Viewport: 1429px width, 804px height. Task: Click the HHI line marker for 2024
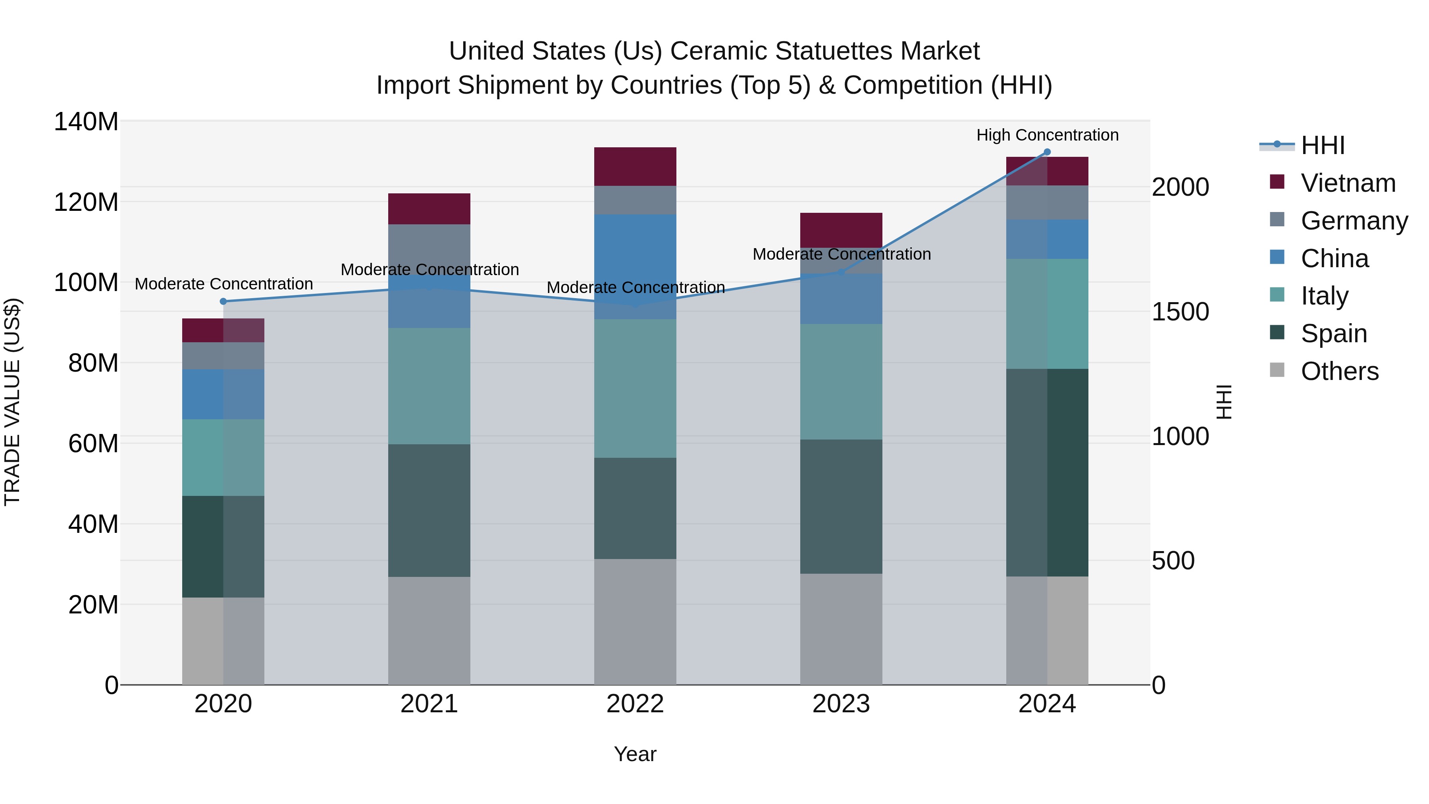(1047, 152)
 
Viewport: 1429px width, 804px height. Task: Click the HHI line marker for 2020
(223, 301)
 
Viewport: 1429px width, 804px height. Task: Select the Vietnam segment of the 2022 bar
(635, 166)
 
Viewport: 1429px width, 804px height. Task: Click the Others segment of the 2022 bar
(635, 621)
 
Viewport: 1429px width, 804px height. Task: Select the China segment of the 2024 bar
(1047, 239)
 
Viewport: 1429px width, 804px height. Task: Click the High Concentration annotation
(1047, 135)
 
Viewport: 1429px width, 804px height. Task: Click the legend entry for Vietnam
(1348, 183)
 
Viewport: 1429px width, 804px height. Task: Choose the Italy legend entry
(1324, 296)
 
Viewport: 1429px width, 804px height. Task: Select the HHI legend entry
(1323, 145)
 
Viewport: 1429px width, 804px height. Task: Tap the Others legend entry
(1339, 371)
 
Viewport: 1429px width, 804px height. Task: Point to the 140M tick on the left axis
(86, 121)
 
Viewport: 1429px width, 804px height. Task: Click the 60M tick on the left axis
(92, 443)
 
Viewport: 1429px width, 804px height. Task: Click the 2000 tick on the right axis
(1180, 187)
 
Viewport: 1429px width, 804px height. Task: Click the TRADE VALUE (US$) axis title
(12, 402)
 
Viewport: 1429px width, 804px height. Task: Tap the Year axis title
(635, 754)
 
